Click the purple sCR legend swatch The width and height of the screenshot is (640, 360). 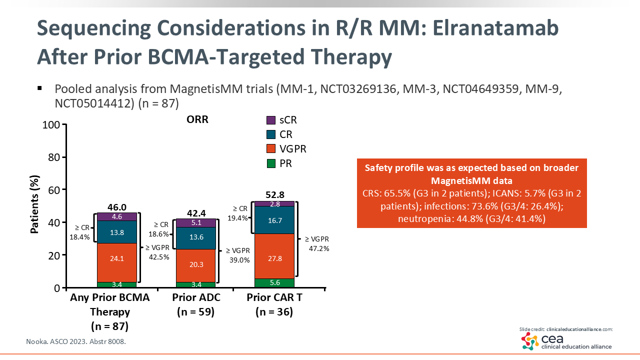tap(271, 120)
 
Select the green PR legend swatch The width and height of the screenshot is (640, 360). tap(271, 163)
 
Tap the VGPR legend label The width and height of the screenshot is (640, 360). tap(293, 149)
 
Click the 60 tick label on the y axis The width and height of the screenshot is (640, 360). tap(55, 190)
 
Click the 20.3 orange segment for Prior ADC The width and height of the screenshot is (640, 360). tap(195, 265)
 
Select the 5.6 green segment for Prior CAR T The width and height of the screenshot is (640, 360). tap(274, 283)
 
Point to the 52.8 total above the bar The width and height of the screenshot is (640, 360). tap(274, 194)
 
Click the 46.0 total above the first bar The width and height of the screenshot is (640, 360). tap(116, 206)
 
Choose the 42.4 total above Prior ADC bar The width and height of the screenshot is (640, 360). tap(195, 212)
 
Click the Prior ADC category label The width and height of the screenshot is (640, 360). tap(196, 298)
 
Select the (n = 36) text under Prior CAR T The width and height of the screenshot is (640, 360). tap(274, 312)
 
